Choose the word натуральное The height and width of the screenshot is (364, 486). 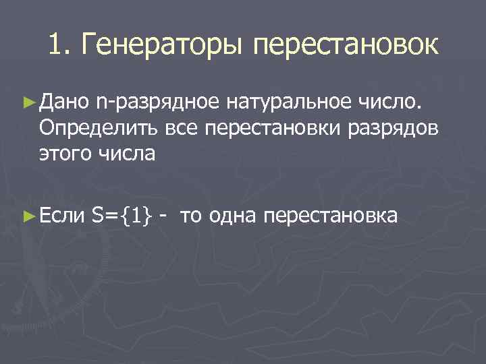tap(288, 103)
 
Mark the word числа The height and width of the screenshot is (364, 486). tap(130, 154)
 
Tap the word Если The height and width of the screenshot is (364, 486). tap(63, 216)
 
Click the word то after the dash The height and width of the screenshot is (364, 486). tap(192, 216)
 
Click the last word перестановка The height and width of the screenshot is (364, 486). tap(331, 216)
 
